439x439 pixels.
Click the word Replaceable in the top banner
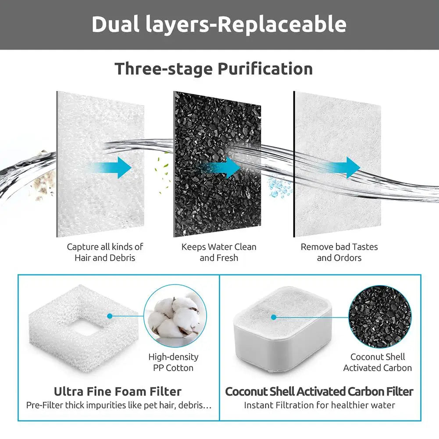tap(282, 25)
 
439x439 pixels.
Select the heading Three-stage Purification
tap(214, 69)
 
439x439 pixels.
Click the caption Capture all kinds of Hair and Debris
tap(105, 252)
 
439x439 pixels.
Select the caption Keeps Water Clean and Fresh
tap(219, 252)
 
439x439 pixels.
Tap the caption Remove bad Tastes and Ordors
tap(339, 252)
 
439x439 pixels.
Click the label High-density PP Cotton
tap(173, 362)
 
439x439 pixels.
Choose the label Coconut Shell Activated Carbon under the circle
tap(378, 362)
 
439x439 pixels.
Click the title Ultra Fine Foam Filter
tap(118, 391)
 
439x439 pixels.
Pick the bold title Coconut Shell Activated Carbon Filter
tap(319, 391)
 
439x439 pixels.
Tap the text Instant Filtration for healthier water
tap(319, 405)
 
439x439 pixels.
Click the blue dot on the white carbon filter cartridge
tap(274, 317)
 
